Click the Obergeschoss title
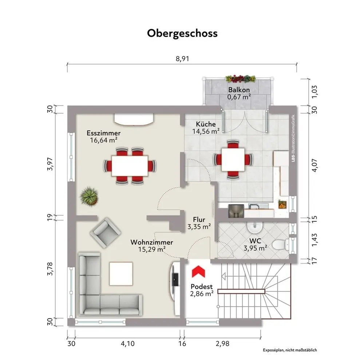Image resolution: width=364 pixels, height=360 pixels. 182,33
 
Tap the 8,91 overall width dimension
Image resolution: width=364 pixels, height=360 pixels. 182,59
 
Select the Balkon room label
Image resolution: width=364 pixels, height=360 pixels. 239,90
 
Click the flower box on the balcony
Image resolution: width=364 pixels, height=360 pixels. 241,79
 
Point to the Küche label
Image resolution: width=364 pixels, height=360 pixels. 206,124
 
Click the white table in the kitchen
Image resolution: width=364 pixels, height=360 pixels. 233,160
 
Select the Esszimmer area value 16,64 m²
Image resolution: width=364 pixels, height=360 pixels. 103,140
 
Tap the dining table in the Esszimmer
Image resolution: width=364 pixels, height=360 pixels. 130,166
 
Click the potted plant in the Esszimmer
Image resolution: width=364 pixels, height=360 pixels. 89,196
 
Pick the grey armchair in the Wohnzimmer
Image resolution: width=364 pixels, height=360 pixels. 106,233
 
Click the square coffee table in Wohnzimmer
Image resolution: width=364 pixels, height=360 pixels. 121,274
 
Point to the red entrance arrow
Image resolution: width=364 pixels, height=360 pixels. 198,272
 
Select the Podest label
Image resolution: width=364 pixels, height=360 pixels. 202,287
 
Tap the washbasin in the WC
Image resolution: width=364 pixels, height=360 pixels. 255,227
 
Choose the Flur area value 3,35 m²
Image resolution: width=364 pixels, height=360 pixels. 199,227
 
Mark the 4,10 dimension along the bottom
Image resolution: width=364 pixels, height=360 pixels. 128,344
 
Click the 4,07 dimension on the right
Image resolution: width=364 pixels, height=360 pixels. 314,165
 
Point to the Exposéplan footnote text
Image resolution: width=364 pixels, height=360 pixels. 290,350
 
